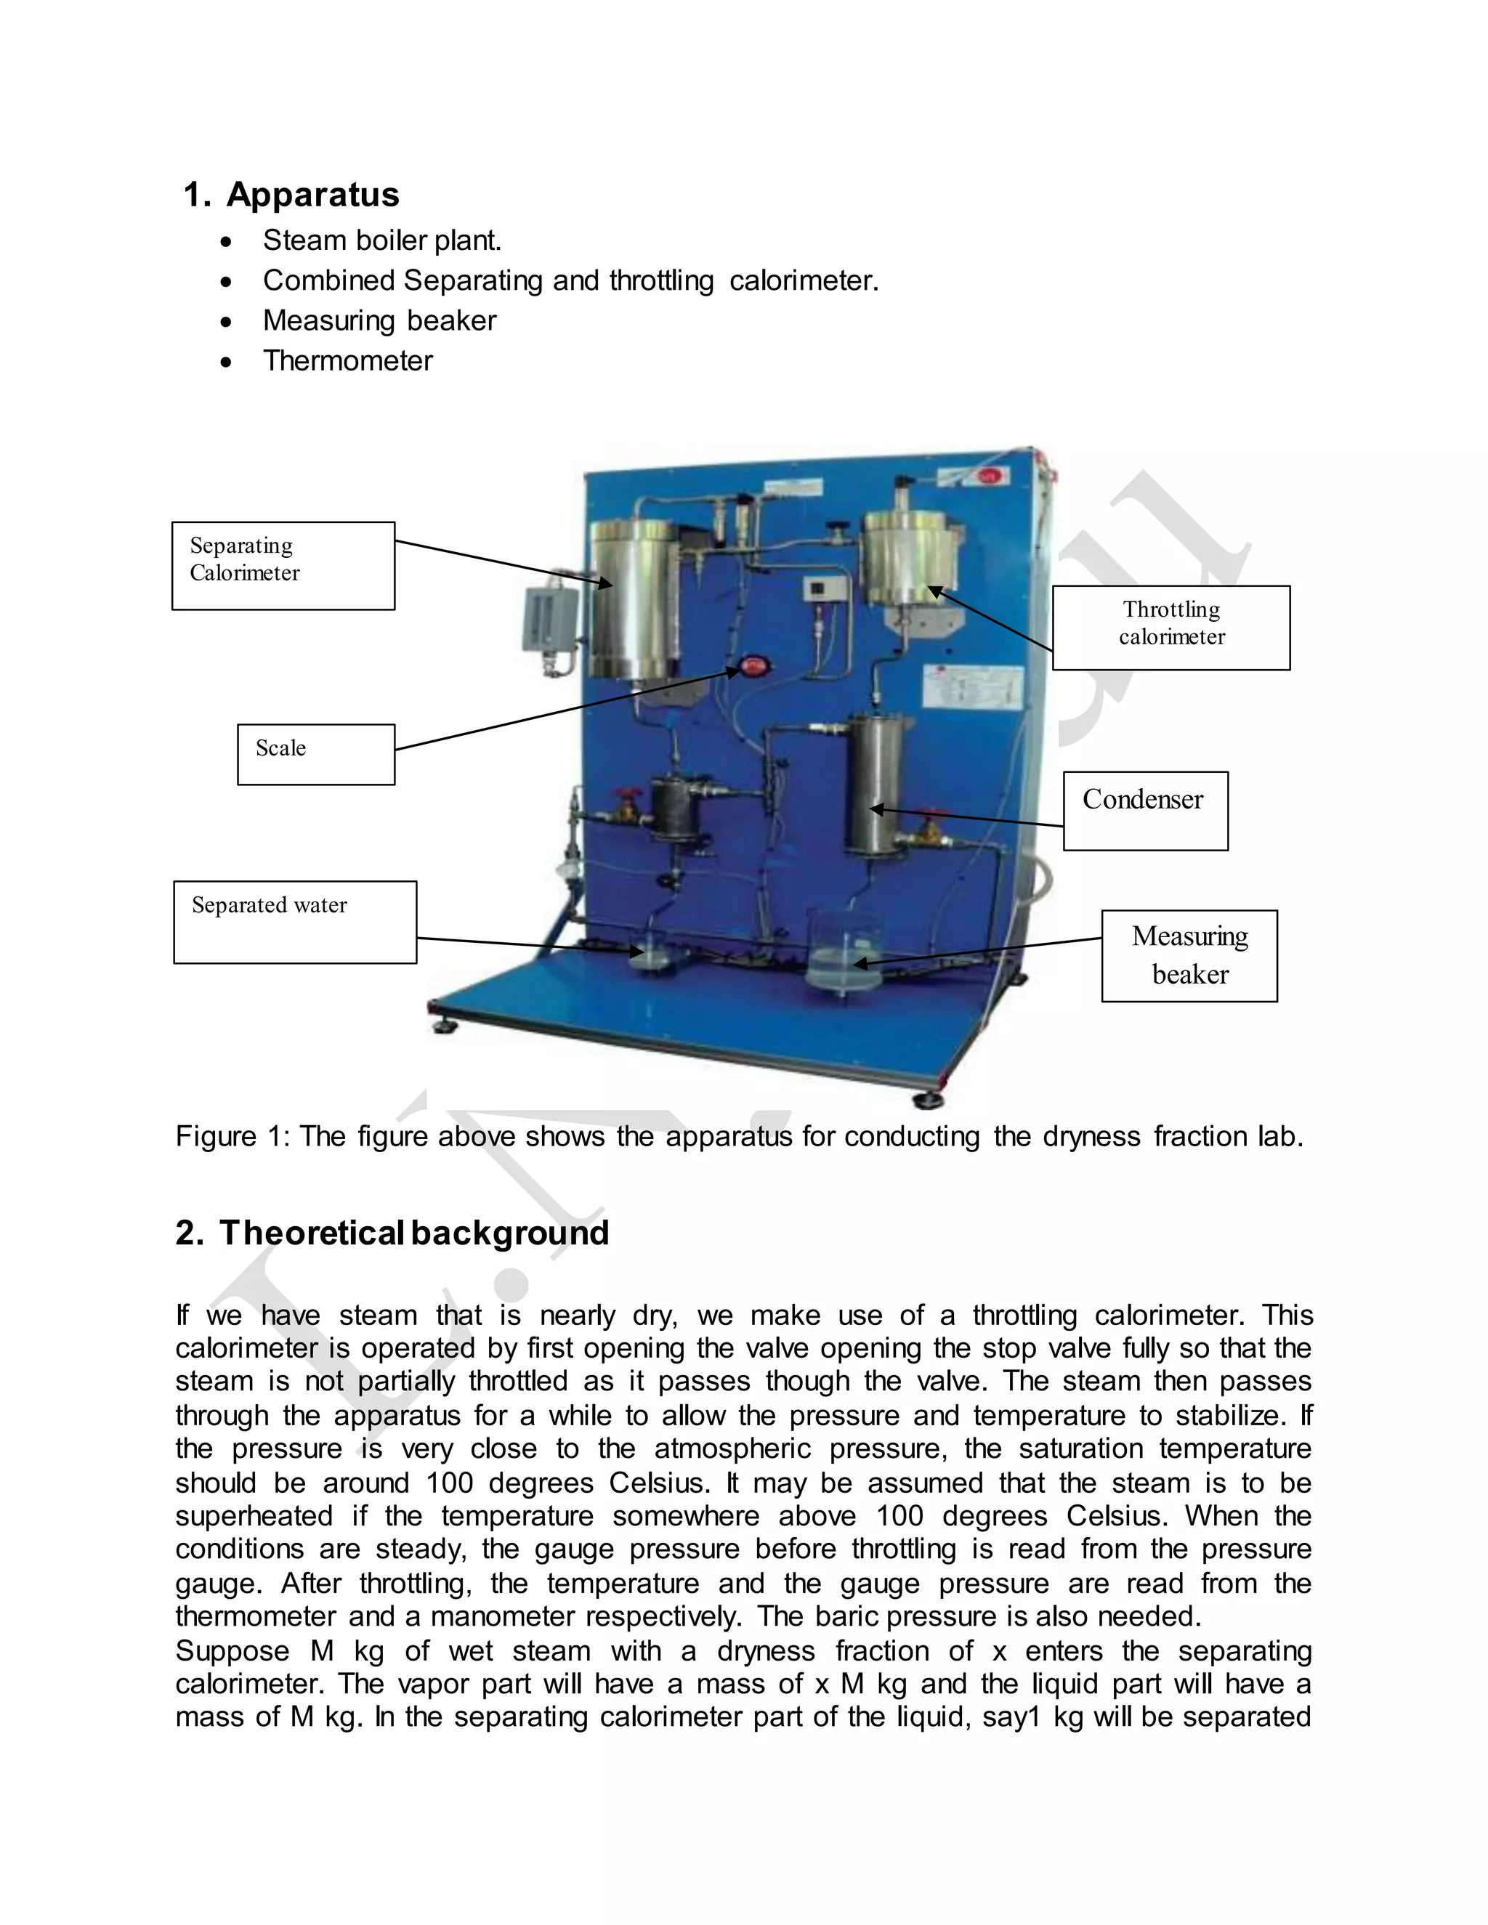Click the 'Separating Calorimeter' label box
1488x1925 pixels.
click(283, 565)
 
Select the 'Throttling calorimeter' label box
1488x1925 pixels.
click(1170, 628)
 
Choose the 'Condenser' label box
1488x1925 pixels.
click(1145, 810)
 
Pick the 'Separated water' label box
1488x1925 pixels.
click(294, 921)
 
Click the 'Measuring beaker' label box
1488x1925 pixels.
click(1189, 955)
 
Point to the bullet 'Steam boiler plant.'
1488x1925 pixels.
click(381, 240)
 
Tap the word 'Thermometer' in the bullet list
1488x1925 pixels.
click(347, 360)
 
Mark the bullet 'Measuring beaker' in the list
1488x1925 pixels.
click(379, 321)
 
